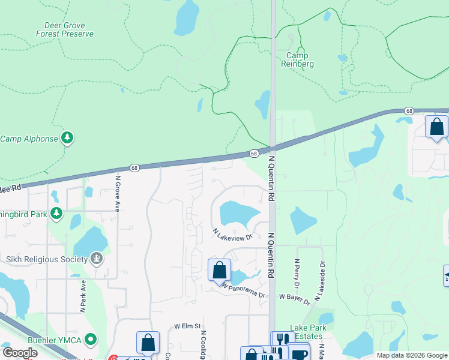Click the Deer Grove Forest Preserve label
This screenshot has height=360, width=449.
point(69,30)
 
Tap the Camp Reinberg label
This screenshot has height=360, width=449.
point(298,59)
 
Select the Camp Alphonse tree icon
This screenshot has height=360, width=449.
point(68,139)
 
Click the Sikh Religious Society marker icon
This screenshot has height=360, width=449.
point(96,259)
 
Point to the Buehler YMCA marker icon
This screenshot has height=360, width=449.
point(91,340)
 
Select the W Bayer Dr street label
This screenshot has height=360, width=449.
point(294,297)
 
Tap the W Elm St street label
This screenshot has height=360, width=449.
point(187,326)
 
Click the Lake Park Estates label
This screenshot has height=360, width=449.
point(307,332)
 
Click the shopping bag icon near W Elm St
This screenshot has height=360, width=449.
point(148,343)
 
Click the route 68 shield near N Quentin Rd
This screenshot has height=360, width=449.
point(255,154)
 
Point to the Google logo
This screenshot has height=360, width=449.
point(20,353)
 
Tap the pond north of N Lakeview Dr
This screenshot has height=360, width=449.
point(239,214)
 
